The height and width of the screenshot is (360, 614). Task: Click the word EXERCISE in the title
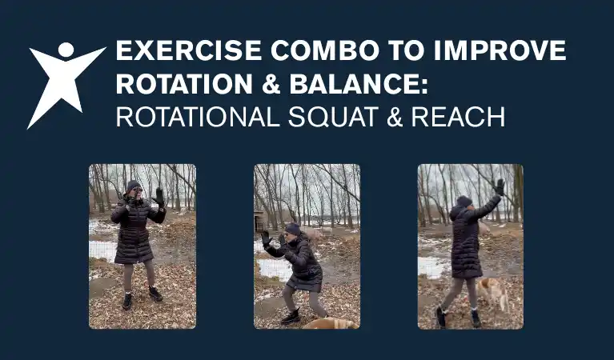click(186, 51)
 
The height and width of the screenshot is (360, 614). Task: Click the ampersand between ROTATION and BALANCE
click(273, 84)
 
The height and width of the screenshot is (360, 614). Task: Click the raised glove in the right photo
click(500, 186)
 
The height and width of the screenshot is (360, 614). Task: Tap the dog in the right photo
click(494, 291)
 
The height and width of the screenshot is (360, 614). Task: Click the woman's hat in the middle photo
click(293, 229)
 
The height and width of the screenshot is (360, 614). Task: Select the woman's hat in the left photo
click(133, 186)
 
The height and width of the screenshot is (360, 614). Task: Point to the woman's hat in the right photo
click(464, 201)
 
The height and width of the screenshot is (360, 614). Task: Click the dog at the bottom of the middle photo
click(328, 322)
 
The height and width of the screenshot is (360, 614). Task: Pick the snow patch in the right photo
click(432, 266)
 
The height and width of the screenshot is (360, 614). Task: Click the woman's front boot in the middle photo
click(289, 317)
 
